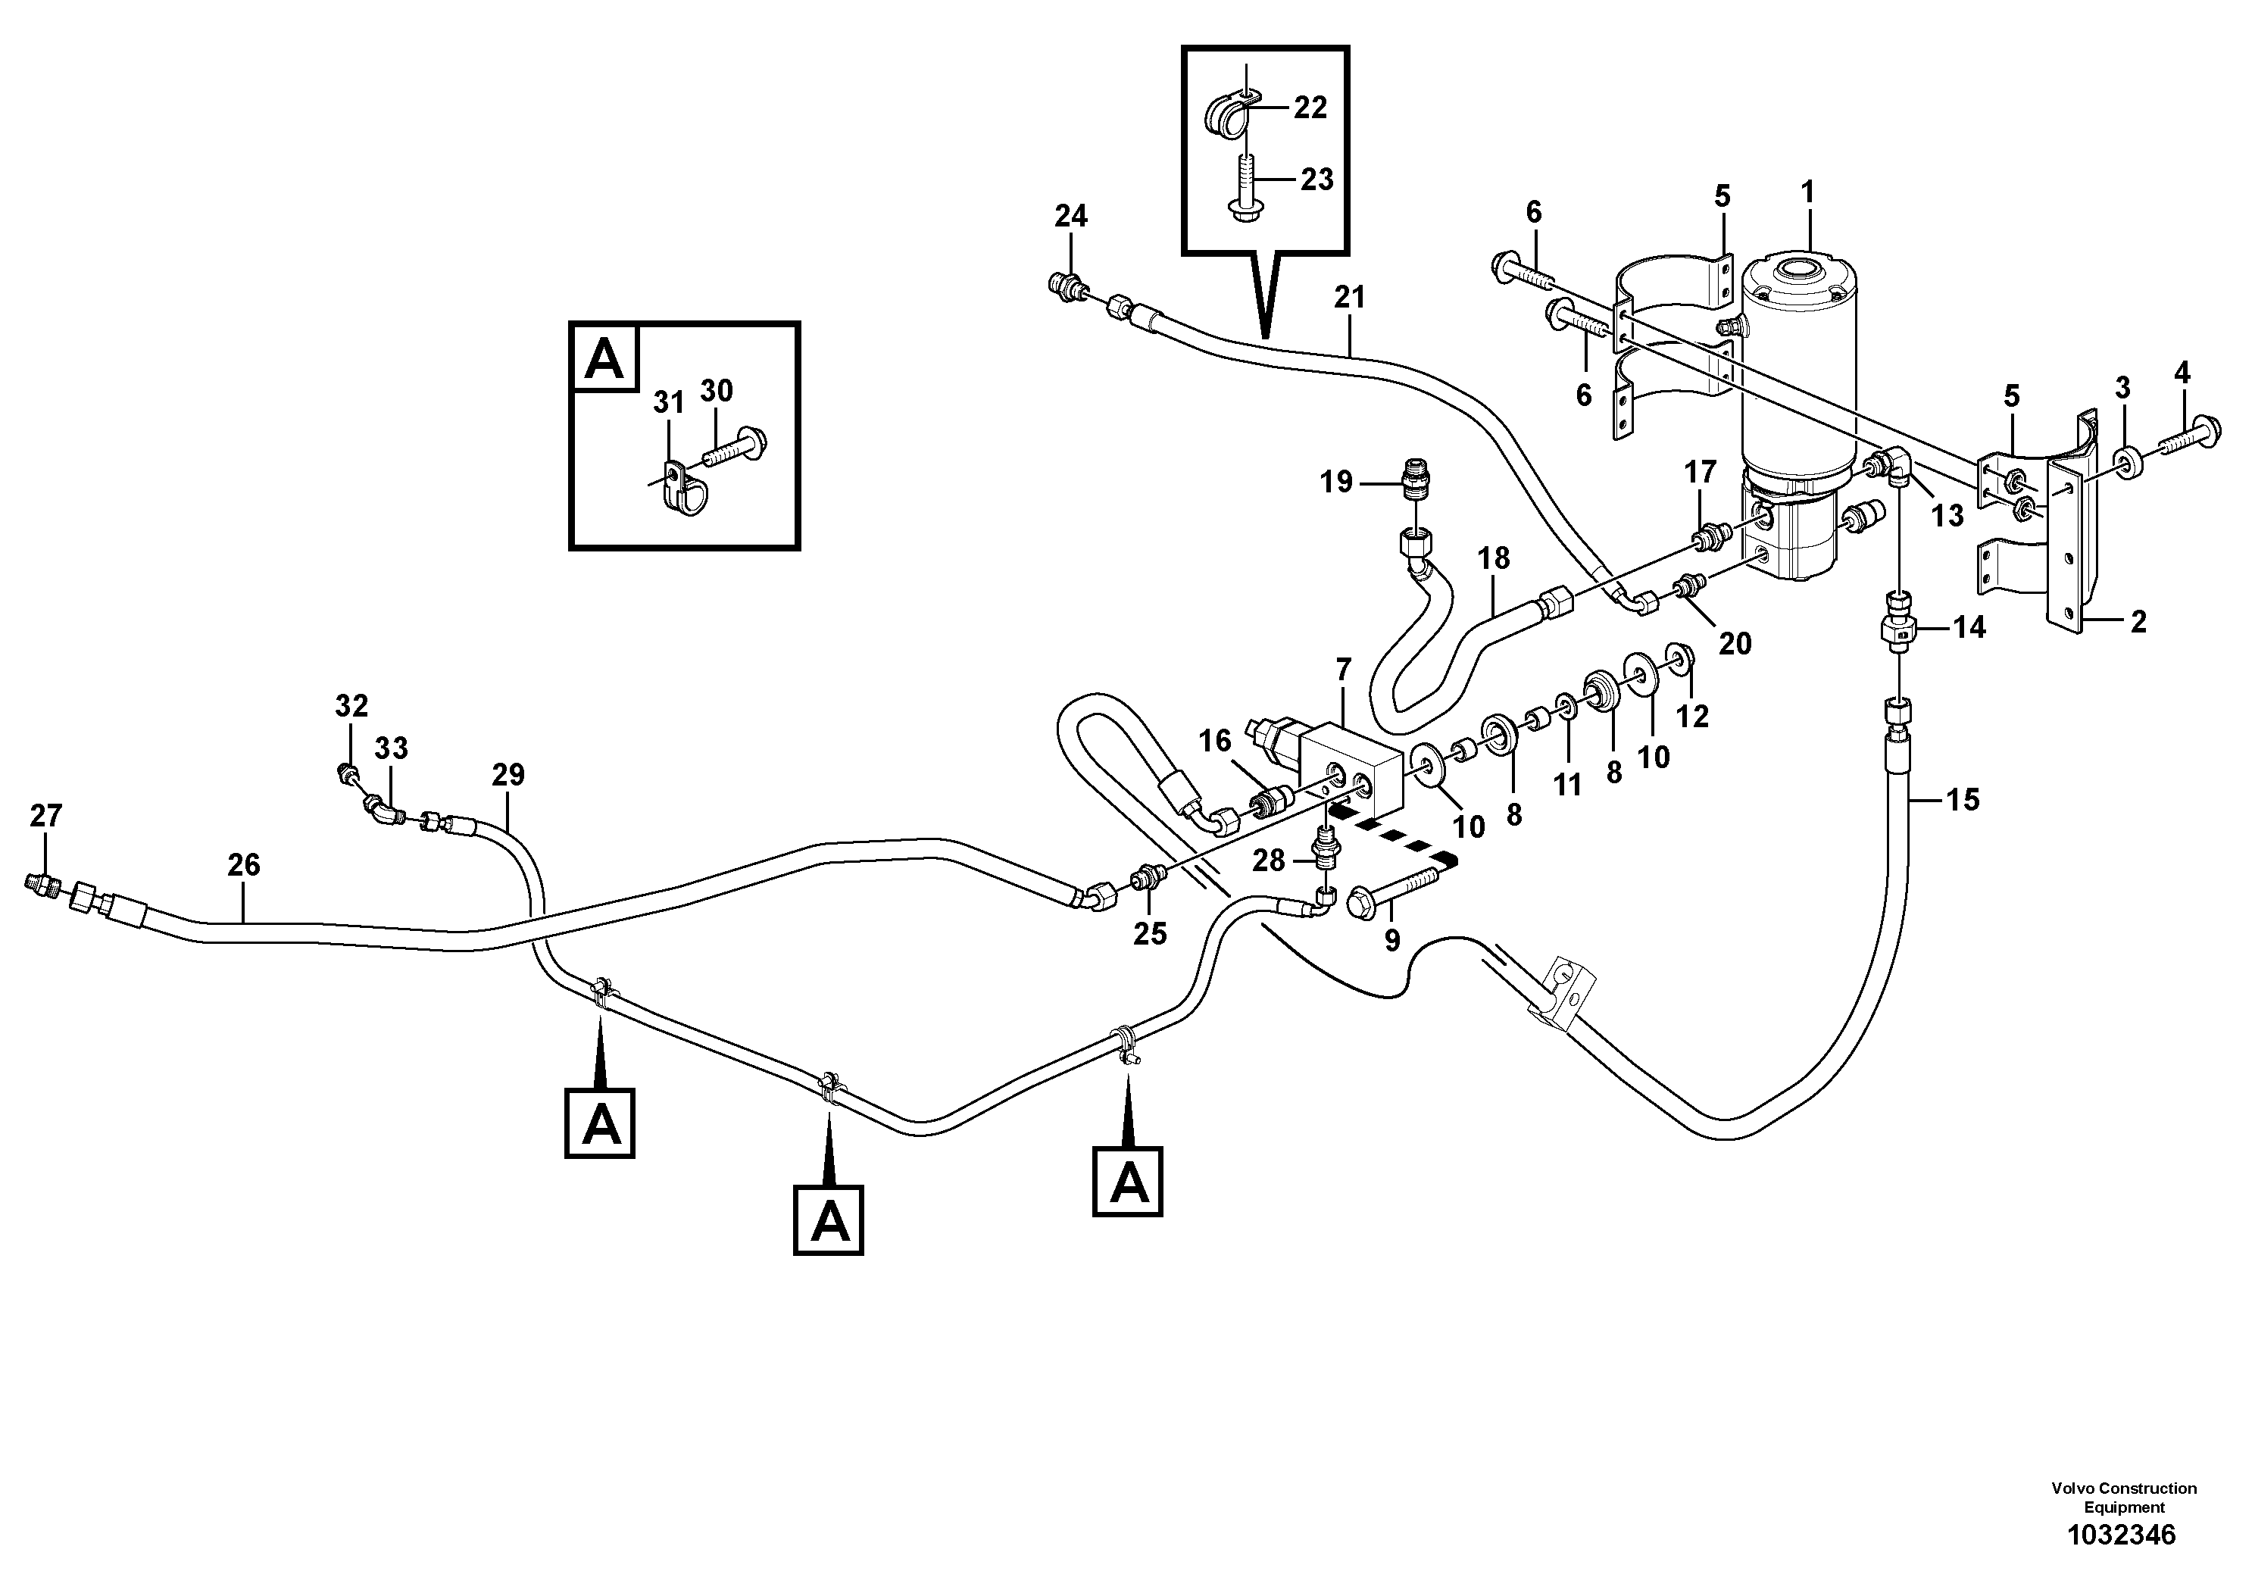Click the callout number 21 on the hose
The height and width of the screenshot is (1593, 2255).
(x=1350, y=297)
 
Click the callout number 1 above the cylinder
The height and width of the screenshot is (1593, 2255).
(x=1808, y=192)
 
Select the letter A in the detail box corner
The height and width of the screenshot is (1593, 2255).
(x=604, y=358)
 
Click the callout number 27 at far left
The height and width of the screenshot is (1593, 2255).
(x=46, y=815)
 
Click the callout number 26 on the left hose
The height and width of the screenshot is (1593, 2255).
(x=244, y=864)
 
